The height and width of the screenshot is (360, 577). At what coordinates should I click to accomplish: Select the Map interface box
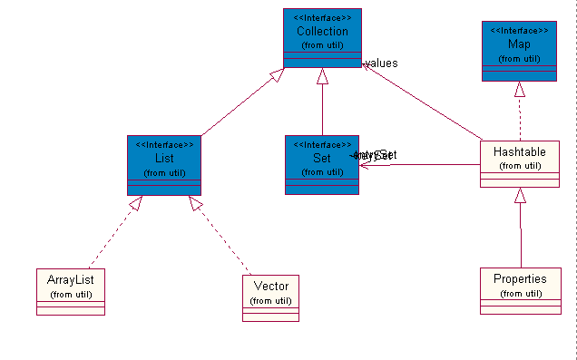tap(518, 51)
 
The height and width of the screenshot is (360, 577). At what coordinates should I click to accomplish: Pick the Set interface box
tap(322, 164)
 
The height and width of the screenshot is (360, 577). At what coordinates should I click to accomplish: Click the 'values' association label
tap(382, 63)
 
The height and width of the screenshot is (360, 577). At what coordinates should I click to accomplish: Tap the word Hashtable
tap(519, 152)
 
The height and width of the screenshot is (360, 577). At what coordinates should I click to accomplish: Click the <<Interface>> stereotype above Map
tap(518, 30)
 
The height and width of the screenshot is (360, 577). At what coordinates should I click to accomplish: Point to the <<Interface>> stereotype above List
tap(164, 144)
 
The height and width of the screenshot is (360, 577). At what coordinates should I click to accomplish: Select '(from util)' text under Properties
tap(519, 293)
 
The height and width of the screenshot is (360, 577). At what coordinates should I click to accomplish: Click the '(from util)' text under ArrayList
tap(71, 295)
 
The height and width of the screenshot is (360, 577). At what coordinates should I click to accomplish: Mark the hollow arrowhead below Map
tap(519, 89)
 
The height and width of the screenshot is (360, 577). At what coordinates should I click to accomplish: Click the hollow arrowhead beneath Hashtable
tap(520, 195)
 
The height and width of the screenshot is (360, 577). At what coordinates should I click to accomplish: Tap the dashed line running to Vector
tap(223, 240)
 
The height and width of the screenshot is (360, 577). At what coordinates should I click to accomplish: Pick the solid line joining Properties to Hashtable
tap(520, 236)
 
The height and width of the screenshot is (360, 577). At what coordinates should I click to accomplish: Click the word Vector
tap(270, 287)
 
